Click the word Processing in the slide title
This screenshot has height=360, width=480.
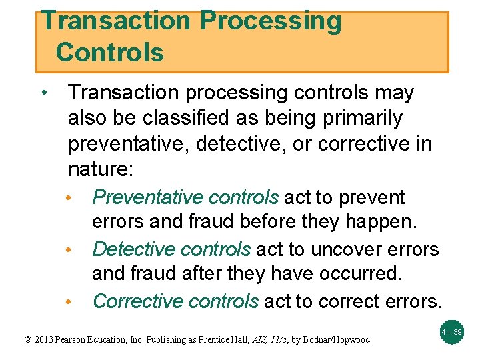[270, 21]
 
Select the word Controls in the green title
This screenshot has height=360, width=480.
[110, 52]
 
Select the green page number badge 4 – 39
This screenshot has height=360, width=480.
[452, 331]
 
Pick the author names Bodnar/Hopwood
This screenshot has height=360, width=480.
[335, 339]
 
